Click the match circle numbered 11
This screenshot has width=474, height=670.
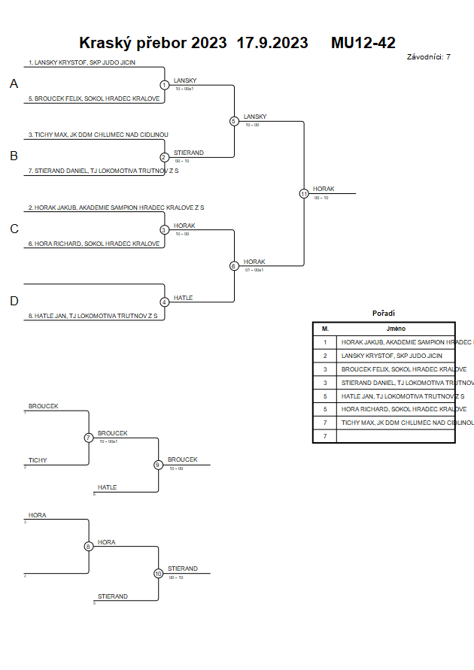(x=304, y=193)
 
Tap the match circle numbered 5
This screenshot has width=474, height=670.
(x=234, y=121)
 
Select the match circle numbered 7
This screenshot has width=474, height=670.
(x=89, y=438)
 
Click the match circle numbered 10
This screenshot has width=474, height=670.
(x=158, y=573)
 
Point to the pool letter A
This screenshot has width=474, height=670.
(x=14, y=84)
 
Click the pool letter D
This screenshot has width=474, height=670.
(x=14, y=302)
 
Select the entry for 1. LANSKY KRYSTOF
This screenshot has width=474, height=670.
(x=82, y=62)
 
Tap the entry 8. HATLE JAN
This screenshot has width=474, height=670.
(x=93, y=316)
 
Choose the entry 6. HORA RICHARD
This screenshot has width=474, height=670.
(x=94, y=244)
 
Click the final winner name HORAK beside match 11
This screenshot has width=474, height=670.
(x=324, y=189)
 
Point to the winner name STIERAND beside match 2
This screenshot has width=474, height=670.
(x=188, y=153)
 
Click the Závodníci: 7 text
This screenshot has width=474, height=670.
(x=428, y=57)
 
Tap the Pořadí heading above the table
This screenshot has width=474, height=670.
(x=384, y=314)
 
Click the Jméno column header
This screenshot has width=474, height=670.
(x=397, y=329)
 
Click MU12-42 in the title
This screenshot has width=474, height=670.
(x=363, y=43)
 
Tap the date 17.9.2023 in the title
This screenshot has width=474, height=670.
(x=272, y=43)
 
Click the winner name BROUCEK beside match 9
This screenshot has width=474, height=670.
(x=183, y=459)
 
